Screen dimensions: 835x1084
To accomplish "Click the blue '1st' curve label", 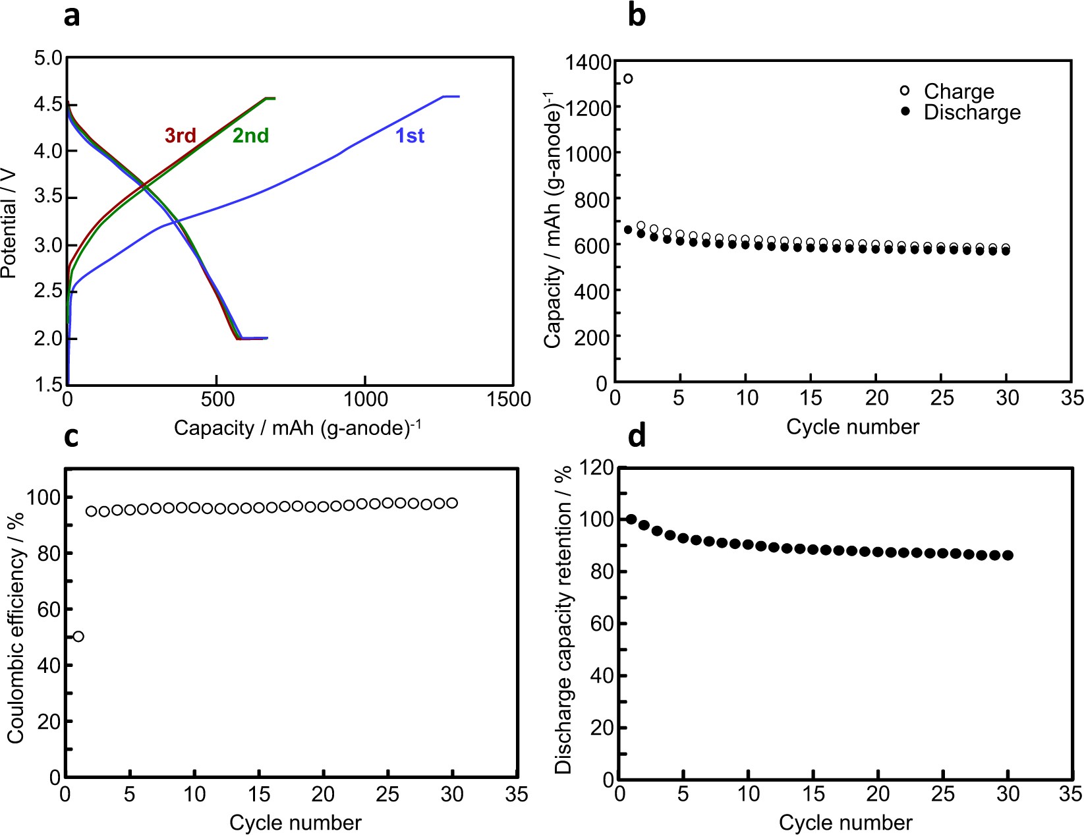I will pyautogui.click(x=409, y=136).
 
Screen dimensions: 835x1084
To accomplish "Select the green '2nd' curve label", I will pyautogui.click(x=250, y=136).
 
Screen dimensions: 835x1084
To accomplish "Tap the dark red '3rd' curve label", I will pyautogui.click(x=180, y=136).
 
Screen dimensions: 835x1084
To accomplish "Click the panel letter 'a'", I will pyautogui.click(x=71, y=16).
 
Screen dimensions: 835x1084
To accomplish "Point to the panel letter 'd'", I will pyautogui.click(x=636, y=436).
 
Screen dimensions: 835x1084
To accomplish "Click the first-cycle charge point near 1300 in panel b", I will pyautogui.click(x=628, y=78).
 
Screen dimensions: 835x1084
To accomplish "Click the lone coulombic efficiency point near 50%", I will pyautogui.click(x=78, y=637).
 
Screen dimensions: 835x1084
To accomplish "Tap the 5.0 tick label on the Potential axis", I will pyautogui.click(x=48, y=58).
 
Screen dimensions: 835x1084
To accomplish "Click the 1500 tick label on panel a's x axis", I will pyautogui.click(x=508, y=399).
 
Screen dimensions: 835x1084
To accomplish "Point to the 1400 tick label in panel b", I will pyautogui.click(x=588, y=63).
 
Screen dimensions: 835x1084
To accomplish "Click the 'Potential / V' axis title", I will pyautogui.click(x=9, y=223).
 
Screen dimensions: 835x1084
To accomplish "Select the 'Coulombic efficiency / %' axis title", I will pyautogui.click(x=16, y=627).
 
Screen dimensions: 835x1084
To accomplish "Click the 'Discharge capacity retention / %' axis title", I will pyautogui.click(x=563, y=619).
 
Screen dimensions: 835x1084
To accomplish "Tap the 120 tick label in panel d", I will pyautogui.click(x=596, y=468).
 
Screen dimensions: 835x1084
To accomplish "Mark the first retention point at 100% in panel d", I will pyautogui.click(x=631, y=520).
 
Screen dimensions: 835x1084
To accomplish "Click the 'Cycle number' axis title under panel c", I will pyautogui.click(x=295, y=822).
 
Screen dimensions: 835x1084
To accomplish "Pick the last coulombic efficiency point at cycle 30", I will pyautogui.click(x=452, y=504).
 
